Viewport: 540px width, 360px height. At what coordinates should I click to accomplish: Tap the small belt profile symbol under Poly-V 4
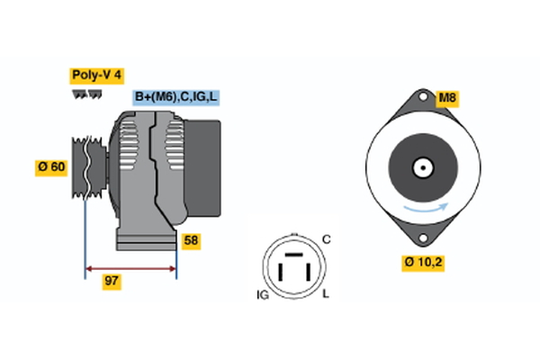86,93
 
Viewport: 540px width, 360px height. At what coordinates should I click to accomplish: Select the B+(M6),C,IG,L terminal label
176,97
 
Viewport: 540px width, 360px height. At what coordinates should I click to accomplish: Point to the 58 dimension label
190,240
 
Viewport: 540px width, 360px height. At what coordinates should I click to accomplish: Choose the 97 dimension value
112,282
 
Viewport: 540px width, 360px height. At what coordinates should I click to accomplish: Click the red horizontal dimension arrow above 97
130,267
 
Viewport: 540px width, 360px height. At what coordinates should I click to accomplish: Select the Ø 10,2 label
425,263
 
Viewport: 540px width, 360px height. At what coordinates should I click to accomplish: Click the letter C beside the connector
327,238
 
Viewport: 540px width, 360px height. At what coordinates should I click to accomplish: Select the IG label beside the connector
263,295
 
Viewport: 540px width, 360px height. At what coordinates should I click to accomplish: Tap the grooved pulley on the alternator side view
84,167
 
